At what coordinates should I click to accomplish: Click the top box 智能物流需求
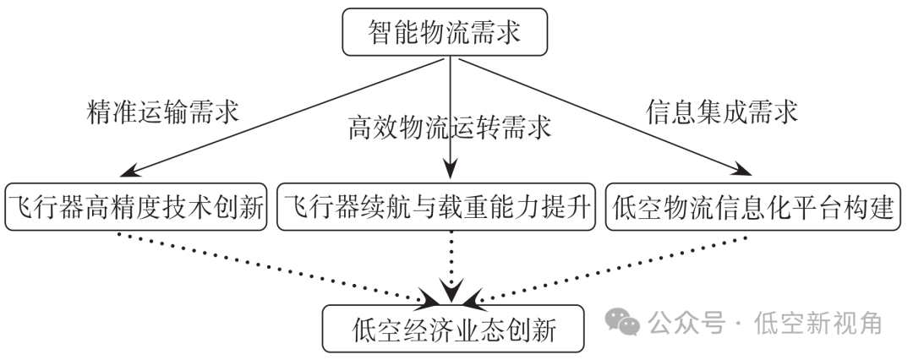(x=445, y=33)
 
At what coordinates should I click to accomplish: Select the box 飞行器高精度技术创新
(x=136, y=206)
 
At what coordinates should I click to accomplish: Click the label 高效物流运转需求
(x=449, y=128)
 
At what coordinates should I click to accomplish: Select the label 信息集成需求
(x=722, y=112)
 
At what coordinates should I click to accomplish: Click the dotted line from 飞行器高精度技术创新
(x=279, y=265)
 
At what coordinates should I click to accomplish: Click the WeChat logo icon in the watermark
(x=624, y=322)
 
